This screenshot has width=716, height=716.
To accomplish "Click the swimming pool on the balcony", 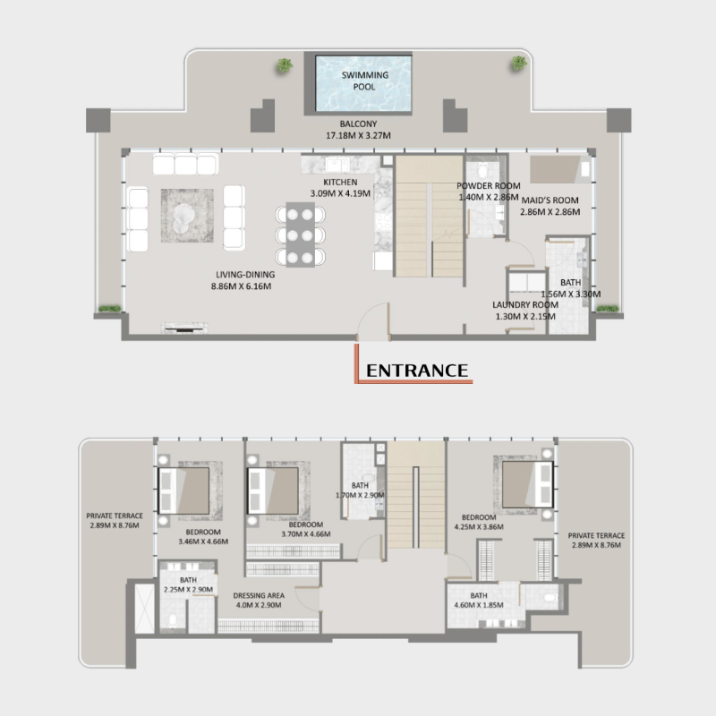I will pyautogui.click(x=364, y=83).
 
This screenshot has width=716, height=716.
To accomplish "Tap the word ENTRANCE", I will pyautogui.click(x=417, y=370).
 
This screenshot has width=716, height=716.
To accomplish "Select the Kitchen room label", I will pyautogui.click(x=328, y=182).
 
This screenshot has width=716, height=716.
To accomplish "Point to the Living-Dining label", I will pyautogui.click(x=244, y=275).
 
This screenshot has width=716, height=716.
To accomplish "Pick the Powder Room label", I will pyautogui.click(x=488, y=186).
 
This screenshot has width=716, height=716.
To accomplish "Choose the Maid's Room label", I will pyautogui.click(x=550, y=200).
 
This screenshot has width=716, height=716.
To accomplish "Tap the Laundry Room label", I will pyautogui.click(x=524, y=305).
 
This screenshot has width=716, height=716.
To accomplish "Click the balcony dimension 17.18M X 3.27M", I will pyautogui.click(x=358, y=136).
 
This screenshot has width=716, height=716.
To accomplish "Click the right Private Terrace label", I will pyautogui.click(x=596, y=536).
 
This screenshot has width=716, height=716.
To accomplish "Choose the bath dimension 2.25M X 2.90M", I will pyautogui.click(x=187, y=590).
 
